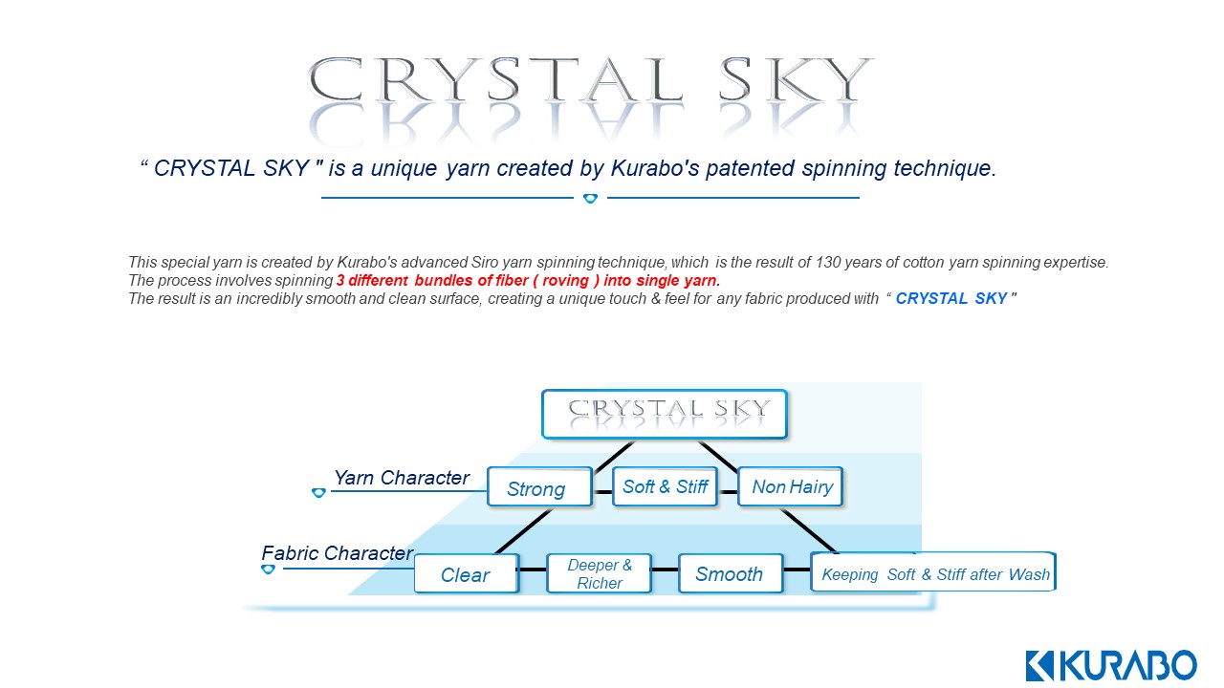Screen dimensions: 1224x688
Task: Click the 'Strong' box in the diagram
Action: click(540, 487)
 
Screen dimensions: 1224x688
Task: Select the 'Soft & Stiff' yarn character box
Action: click(665, 486)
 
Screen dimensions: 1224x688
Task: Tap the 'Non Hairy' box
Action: click(791, 486)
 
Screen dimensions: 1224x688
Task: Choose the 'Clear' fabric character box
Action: click(466, 573)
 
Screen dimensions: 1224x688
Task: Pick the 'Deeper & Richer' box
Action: click(600, 573)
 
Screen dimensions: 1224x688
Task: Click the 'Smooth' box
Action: click(731, 573)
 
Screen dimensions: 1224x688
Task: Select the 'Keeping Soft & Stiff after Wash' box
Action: click(933, 572)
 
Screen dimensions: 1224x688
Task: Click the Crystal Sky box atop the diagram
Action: click(665, 414)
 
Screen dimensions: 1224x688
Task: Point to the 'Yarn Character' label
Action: click(402, 478)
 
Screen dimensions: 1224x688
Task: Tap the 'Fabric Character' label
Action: click(338, 553)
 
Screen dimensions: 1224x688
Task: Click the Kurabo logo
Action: click(1111, 665)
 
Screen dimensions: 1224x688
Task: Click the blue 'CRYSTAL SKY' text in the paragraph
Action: click(951, 299)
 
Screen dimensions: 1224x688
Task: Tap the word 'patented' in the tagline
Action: click(751, 168)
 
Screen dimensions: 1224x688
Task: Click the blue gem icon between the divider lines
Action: click(590, 198)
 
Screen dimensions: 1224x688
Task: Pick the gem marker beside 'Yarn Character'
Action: click(318, 492)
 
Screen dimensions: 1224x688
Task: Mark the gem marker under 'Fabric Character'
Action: click(268, 570)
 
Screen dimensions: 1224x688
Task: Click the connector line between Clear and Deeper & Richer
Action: click(533, 570)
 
